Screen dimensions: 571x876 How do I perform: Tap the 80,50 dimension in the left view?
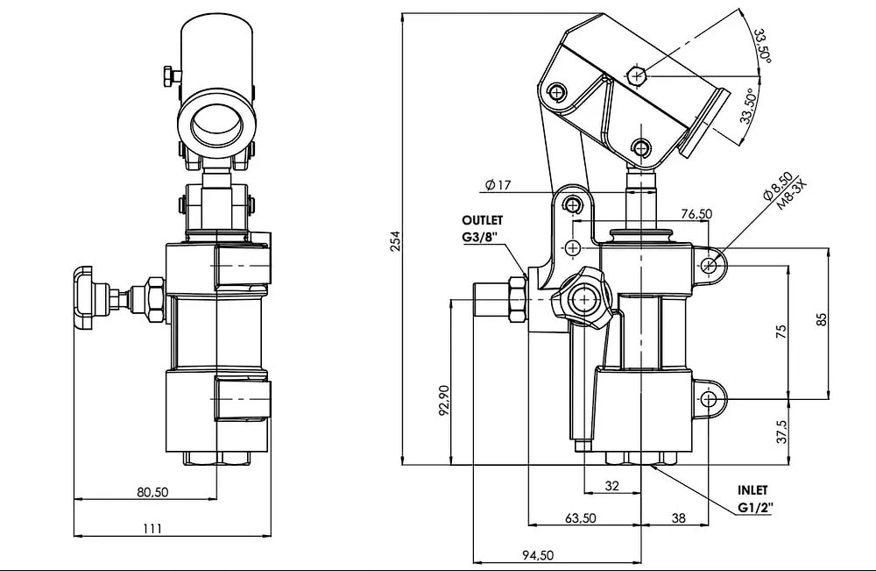click(152, 492)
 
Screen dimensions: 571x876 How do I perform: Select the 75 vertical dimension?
click(781, 331)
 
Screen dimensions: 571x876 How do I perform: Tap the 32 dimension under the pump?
click(612, 485)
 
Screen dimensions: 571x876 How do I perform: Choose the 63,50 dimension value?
click(581, 518)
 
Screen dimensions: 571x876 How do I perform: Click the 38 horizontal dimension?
click(678, 518)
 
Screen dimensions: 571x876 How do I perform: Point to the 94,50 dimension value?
click(537, 554)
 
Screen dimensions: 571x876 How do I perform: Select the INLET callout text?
click(752, 491)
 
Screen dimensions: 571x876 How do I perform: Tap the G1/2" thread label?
click(755, 508)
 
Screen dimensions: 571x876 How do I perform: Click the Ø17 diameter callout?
click(497, 185)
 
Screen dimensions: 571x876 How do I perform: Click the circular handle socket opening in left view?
click(217, 124)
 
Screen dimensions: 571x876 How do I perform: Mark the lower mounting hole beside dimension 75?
click(708, 399)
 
